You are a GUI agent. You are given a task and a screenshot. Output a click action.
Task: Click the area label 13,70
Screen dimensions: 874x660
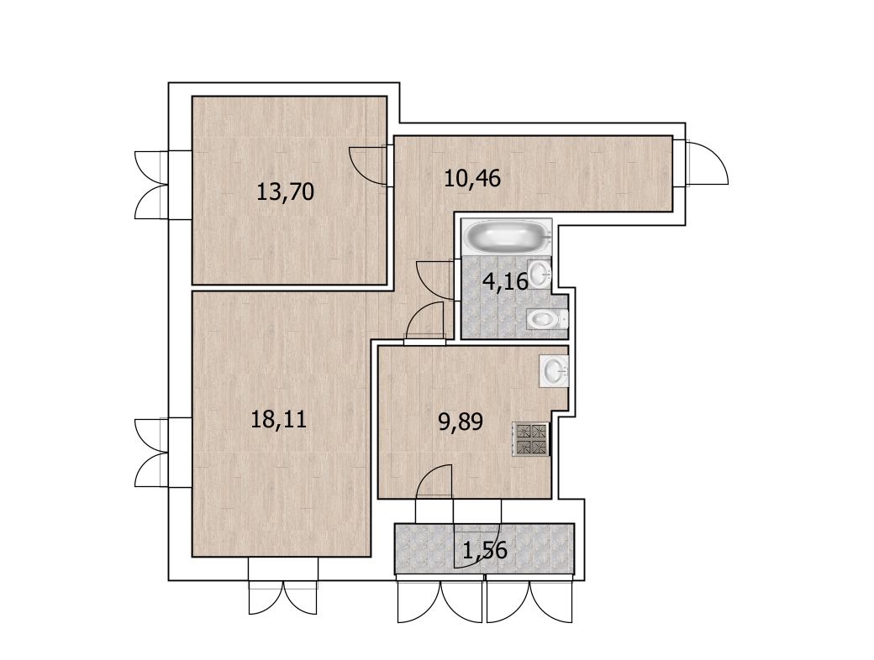click(x=285, y=191)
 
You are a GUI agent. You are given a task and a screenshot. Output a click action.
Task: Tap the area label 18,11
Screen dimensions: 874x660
click(x=279, y=419)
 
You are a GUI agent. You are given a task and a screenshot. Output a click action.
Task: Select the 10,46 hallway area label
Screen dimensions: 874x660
click(x=472, y=178)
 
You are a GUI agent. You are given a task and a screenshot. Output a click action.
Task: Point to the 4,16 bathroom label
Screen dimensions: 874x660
click(x=505, y=282)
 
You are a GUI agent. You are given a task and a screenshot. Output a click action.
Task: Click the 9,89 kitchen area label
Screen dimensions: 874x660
click(x=461, y=422)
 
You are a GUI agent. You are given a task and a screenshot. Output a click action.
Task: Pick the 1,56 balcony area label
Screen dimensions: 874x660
click(x=485, y=550)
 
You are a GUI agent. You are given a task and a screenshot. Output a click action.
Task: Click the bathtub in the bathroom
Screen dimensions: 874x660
click(x=507, y=237)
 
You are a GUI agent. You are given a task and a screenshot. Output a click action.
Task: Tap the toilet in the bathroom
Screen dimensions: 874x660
click(x=546, y=319)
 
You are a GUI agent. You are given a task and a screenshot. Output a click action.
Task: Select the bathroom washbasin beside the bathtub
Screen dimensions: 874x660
click(x=539, y=273)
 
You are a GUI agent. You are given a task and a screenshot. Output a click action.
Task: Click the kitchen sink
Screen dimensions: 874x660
click(x=554, y=370)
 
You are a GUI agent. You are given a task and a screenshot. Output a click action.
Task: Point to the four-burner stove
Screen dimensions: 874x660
click(x=530, y=439)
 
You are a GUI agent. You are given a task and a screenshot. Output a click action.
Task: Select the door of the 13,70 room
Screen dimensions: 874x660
click(x=367, y=163)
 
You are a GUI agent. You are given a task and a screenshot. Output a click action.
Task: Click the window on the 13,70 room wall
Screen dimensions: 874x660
click(x=151, y=185)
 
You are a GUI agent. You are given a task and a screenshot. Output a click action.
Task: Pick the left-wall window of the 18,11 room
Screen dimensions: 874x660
click(x=151, y=453)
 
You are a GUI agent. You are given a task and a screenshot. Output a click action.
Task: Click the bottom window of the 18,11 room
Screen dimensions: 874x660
click(x=283, y=598)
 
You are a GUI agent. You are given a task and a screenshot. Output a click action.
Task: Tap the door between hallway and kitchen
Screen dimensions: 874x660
click(x=425, y=320)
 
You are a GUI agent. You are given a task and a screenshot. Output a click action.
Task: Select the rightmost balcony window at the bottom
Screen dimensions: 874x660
click(x=529, y=601)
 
